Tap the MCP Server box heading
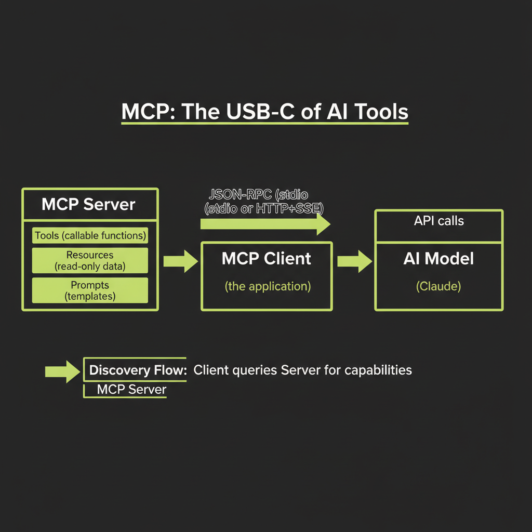(88, 204)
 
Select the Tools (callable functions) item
(90, 236)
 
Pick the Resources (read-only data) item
(90, 261)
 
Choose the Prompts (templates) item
(90, 291)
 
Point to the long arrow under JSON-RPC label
(265, 224)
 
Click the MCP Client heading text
(266, 259)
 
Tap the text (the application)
(267, 286)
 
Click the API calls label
(438, 221)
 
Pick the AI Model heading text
(438, 259)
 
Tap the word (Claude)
(438, 286)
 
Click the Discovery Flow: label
(138, 370)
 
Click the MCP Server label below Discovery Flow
(131, 390)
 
